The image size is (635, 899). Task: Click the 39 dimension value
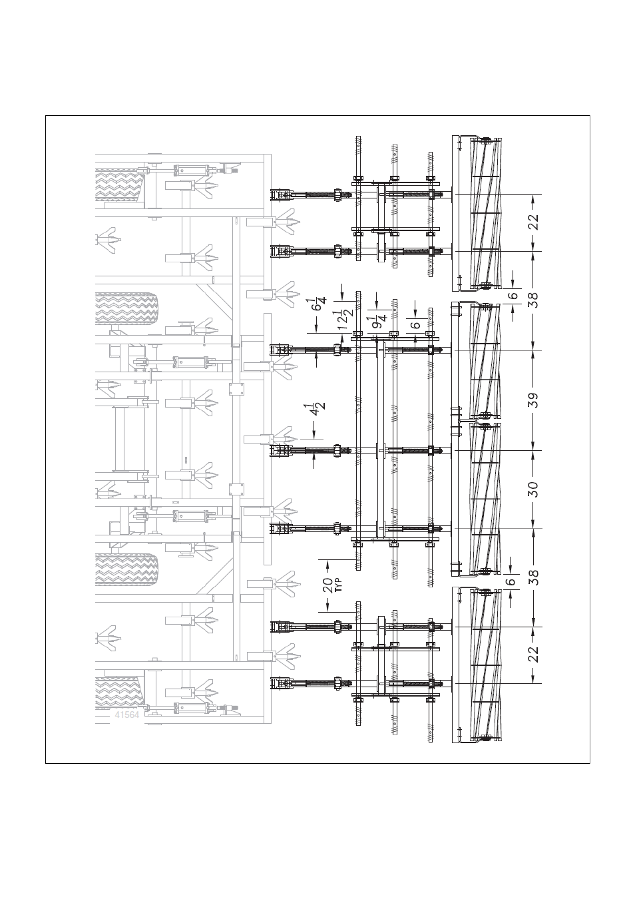pyautogui.click(x=534, y=400)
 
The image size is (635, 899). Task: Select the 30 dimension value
pyautogui.click(x=534, y=489)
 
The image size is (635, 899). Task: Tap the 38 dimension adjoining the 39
pyautogui.click(x=534, y=300)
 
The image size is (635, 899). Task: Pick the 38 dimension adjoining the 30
pyautogui.click(x=534, y=576)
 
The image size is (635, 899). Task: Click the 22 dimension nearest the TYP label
pyautogui.click(x=534, y=654)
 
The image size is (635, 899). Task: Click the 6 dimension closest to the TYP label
pyautogui.click(x=511, y=581)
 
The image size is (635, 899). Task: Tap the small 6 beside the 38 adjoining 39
pyautogui.click(x=513, y=296)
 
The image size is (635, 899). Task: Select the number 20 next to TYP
pyautogui.click(x=327, y=585)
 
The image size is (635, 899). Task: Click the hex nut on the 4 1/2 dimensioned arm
pyautogui.click(x=337, y=450)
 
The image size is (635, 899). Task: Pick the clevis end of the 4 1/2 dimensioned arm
pyautogui.click(x=280, y=451)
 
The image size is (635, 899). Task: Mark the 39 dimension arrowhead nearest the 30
pyautogui.click(x=534, y=446)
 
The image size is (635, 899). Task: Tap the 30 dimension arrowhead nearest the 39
pyautogui.click(x=534, y=455)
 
